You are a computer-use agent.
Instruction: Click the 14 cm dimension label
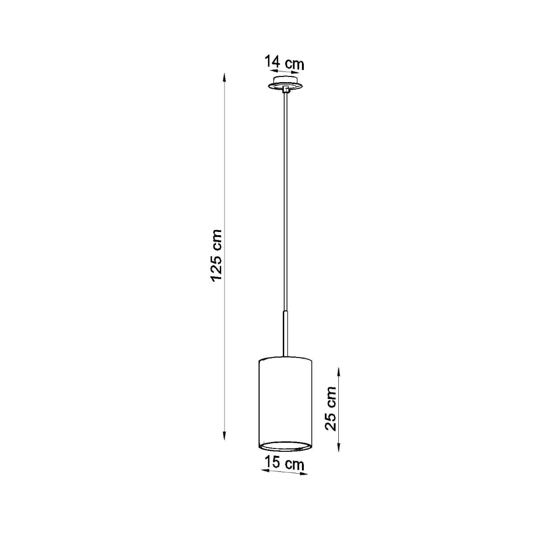(x=284, y=63)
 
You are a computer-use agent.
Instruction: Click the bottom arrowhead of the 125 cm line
(x=224, y=443)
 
